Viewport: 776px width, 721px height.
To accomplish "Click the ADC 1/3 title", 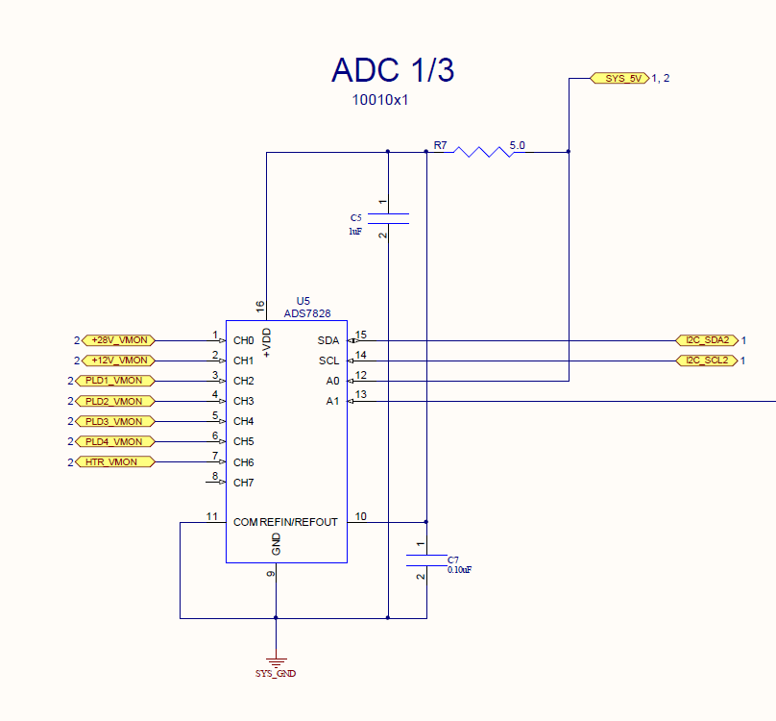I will (392, 70).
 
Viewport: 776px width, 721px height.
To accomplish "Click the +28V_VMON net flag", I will (119, 340).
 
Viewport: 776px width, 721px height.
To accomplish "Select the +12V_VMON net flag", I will (119, 360).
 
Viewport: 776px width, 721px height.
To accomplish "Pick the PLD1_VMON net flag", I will (113, 381).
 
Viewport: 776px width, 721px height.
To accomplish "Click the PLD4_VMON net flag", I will (113, 441).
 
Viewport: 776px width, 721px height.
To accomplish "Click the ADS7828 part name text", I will (307, 313).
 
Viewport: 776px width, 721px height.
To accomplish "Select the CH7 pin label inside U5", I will (244, 483).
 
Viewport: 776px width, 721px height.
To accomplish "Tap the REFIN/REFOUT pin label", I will (299, 522).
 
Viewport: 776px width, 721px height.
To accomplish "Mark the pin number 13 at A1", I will (360, 394).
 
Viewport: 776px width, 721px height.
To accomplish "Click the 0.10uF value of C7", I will (459, 570).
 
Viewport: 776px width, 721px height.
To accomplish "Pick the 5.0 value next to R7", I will (518, 145).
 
